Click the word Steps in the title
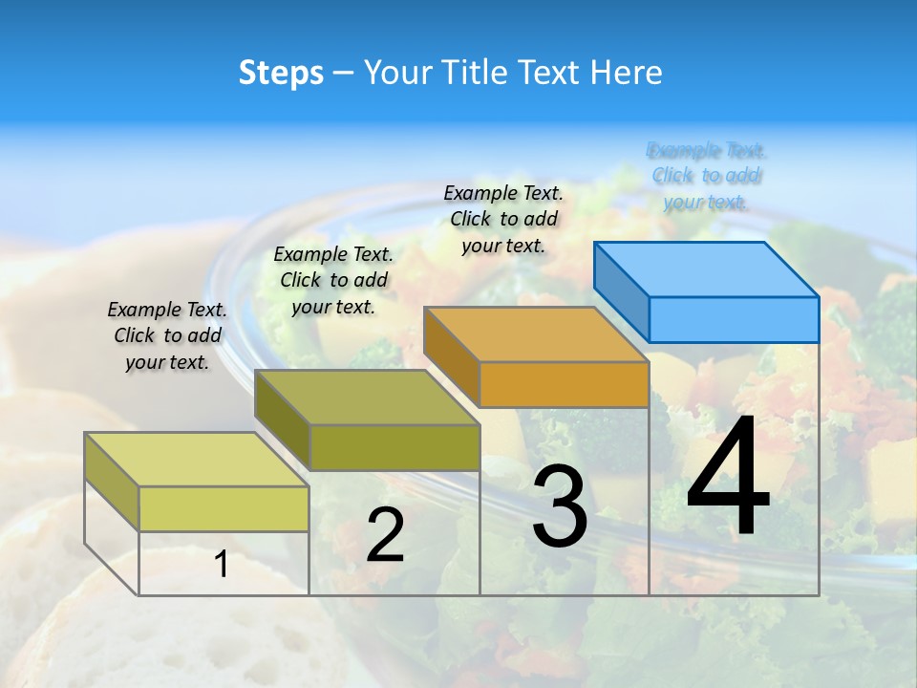281,73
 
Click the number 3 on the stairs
560,506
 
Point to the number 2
385,535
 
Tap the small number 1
222,565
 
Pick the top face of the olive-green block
367,398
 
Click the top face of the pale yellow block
197,460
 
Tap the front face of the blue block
734,319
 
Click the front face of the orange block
564,384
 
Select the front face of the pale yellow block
224,508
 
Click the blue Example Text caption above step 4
706,176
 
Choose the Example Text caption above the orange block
503,219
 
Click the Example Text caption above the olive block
333,280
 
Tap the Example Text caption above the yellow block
167,335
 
